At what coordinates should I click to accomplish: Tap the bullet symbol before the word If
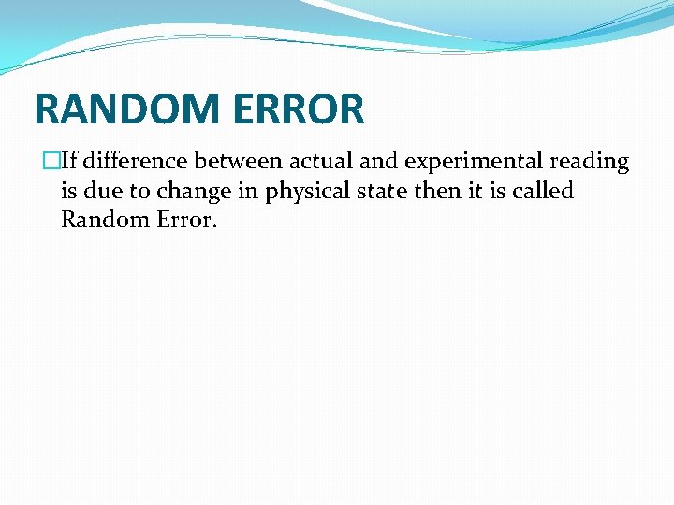[x=51, y=162]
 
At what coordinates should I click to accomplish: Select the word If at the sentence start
[x=68, y=161]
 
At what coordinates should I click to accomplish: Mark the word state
[x=388, y=191]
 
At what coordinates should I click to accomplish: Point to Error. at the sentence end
[x=186, y=221]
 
